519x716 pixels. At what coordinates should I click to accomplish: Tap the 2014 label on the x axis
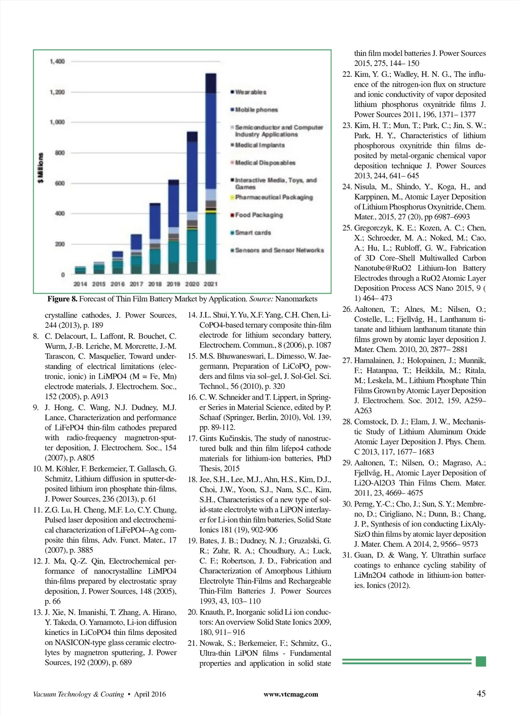(80, 284)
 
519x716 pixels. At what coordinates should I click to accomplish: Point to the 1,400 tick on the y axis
(58, 61)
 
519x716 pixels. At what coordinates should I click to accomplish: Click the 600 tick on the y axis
(60, 183)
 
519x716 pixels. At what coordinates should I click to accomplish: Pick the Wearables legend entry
(250, 92)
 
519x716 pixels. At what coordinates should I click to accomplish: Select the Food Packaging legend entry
(258, 215)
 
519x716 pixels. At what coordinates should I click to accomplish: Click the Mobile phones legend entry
(256, 110)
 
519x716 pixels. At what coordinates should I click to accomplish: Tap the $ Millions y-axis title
(41, 168)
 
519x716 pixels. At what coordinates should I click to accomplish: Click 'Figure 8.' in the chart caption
(62, 299)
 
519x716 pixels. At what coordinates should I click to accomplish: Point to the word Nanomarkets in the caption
(296, 299)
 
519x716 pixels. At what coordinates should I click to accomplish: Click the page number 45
(481, 694)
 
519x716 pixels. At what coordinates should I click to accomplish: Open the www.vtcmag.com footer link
(291, 694)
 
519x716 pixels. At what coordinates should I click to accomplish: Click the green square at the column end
(481, 661)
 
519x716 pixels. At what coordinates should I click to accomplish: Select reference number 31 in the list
(347, 555)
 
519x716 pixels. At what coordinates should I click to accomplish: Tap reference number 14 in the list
(192, 315)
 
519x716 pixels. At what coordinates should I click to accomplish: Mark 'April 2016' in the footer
(150, 694)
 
